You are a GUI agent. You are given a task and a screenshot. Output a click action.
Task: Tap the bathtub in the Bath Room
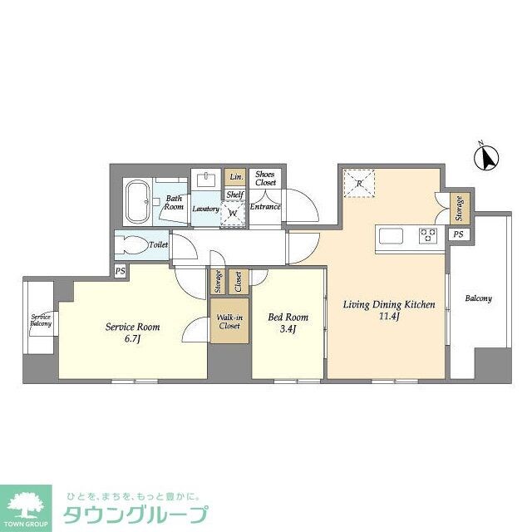click(137, 202)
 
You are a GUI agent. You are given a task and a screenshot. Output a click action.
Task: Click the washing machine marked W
click(234, 213)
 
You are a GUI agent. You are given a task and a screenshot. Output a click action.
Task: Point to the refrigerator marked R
click(358, 182)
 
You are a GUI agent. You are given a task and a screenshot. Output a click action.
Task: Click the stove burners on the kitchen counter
click(428, 234)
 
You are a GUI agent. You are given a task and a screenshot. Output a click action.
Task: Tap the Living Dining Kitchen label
click(390, 305)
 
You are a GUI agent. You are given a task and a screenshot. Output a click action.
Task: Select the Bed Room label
click(288, 317)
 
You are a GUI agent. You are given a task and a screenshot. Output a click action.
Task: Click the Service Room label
click(132, 327)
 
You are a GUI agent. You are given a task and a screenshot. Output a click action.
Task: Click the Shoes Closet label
click(265, 178)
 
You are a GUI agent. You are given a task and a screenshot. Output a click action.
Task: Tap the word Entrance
click(265, 206)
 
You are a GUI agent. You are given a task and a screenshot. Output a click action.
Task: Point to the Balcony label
click(478, 298)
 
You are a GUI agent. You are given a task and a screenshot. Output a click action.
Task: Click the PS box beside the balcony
click(458, 235)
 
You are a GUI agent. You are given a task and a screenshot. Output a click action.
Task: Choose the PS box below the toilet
click(121, 271)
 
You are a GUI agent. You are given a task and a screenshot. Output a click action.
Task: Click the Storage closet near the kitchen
click(458, 209)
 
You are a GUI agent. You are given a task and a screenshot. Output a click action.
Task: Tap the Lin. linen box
click(236, 177)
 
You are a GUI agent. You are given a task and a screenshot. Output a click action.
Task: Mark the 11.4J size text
click(390, 318)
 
